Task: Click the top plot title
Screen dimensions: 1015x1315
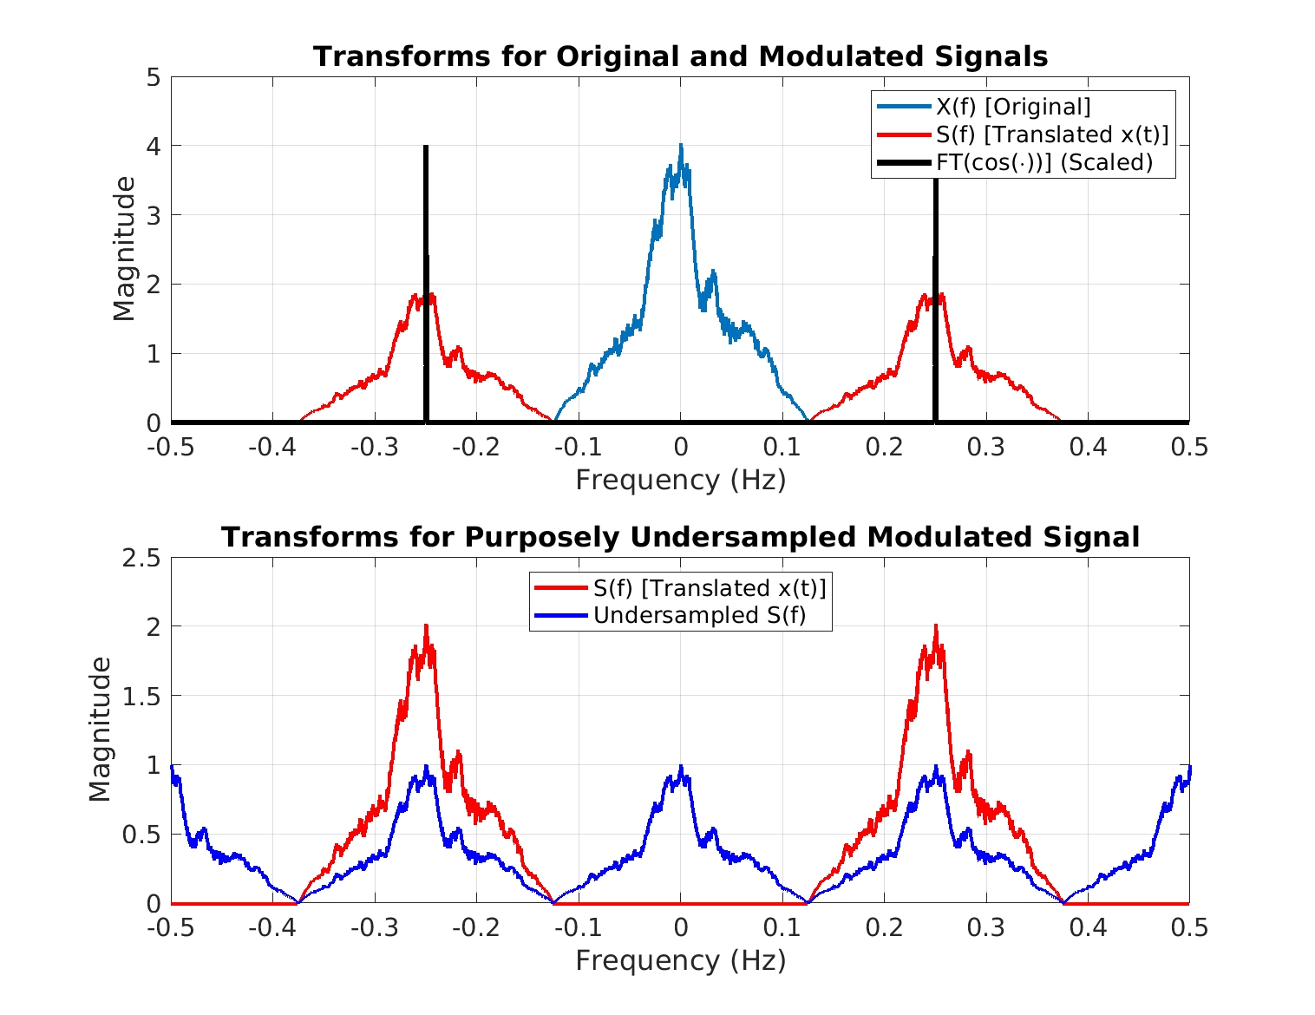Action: [x=680, y=56]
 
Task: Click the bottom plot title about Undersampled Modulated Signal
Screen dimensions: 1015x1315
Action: [x=680, y=537]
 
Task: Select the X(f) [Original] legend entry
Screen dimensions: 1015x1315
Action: [x=1012, y=107]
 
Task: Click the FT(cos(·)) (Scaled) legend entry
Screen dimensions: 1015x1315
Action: [x=1043, y=162]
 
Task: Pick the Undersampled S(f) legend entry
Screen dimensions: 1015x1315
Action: [x=699, y=616]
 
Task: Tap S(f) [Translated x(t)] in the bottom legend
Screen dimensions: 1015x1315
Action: [x=710, y=588]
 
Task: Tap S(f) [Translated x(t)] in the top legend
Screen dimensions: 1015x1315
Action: [x=1052, y=134]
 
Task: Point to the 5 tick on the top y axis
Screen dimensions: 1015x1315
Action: [x=154, y=77]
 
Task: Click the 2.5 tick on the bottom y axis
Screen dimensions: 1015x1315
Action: [x=141, y=558]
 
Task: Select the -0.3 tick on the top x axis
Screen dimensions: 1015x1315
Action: [x=374, y=447]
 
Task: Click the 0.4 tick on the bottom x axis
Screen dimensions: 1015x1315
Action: [x=1087, y=927]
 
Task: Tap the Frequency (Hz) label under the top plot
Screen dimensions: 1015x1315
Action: [x=680, y=480]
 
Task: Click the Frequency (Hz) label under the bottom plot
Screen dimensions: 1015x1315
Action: [x=680, y=960]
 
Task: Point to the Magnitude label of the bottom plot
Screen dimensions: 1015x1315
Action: [x=101, y=730]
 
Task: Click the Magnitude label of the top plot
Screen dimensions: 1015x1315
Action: [x=124, y=249]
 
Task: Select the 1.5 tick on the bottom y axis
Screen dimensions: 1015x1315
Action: [x=141, y=696]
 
